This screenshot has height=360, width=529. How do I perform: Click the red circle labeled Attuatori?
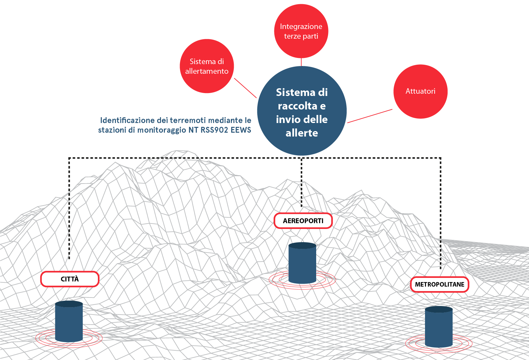point(420,91)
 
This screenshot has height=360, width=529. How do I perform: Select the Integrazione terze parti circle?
point(301,31)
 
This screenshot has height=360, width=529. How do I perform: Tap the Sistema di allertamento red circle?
point(207,66)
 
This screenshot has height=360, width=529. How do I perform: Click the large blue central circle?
point(302,111)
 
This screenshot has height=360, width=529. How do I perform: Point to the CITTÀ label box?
point(70,279)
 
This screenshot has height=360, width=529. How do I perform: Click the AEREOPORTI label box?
point(303,221)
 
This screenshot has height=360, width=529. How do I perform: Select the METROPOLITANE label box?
point(440,284)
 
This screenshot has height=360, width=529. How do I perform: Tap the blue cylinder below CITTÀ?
point(69,321)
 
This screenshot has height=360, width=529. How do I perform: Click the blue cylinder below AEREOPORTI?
point(302,263)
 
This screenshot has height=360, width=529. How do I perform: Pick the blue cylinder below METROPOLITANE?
point(439,327)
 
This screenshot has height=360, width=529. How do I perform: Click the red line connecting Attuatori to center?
point(370,116)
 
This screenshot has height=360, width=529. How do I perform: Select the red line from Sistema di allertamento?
point(245,88)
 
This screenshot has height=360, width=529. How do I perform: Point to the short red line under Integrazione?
point(301,62)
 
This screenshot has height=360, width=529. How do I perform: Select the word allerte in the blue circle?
point(302,133)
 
